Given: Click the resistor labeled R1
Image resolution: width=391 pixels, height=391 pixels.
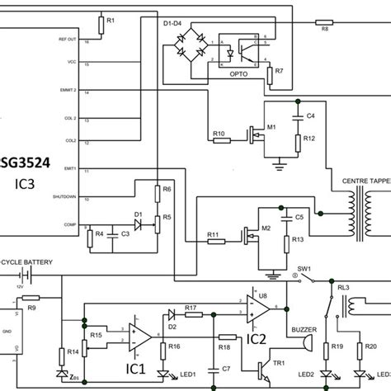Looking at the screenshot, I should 101,26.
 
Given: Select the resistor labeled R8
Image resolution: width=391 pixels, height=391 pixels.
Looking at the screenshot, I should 325,22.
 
